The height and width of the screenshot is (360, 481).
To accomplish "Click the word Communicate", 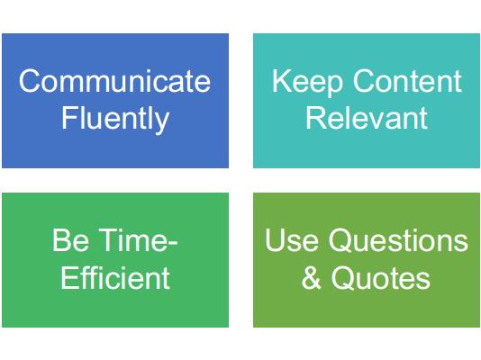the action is click(114, 81).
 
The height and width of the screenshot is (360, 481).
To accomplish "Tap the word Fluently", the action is click(115, 120).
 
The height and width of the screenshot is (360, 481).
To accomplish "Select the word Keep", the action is click(307, 83).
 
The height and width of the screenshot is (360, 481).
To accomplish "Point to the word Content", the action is click(407, 81).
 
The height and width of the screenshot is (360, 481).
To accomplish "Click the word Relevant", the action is click(367, 118).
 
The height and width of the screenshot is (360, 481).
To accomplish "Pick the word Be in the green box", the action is click(71, 240).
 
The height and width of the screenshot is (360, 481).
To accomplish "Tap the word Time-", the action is click(138, 240).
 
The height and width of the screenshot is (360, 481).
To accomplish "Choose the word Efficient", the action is click(115, 277).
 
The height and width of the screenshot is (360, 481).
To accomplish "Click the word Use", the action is click(292, 240).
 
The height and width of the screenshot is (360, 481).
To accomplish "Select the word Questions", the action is click(398, 241).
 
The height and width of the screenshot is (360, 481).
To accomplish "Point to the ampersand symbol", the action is click(311, 277).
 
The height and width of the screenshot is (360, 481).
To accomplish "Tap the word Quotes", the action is click(381, 278).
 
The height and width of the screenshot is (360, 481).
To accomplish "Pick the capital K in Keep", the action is click(282, 81).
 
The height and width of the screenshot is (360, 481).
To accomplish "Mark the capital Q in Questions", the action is click(340, 241).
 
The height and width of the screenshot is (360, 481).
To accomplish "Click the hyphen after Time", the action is click(173, 245).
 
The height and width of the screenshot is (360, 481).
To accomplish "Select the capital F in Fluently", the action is click(69, 118).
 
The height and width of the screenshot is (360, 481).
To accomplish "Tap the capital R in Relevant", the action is click(316, 118).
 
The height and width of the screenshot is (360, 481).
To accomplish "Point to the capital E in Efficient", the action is click(70, 277).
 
